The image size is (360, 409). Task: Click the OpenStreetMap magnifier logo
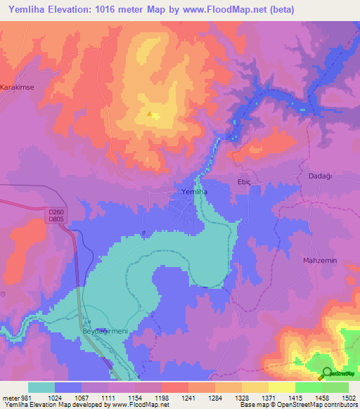tap(327, 372)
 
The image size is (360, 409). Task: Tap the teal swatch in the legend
tap(41, 387)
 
